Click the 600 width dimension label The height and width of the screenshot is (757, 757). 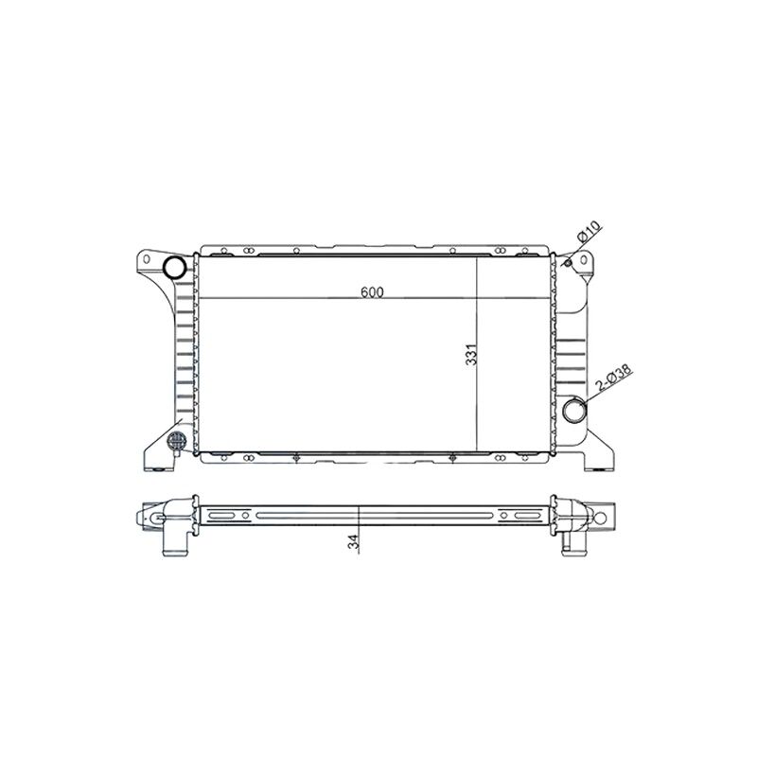click(x=372, y=292)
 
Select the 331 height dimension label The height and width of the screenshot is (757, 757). click(x=471, y=354)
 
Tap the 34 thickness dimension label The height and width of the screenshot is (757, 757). click(x=354, y=541)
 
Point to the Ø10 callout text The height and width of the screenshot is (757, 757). click(x=589, y=232)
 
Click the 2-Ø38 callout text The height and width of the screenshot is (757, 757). click(x=613, y=378)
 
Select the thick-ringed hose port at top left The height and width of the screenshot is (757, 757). click(x=174, y=267)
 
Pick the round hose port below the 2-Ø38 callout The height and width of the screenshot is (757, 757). click(x=574, y=410)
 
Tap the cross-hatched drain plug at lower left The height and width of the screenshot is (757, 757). click(x=176, y=440)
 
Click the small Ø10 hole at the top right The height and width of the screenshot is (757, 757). click(x=569, y=262)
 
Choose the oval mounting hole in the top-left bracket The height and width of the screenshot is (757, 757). click(x=146, y=259)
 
